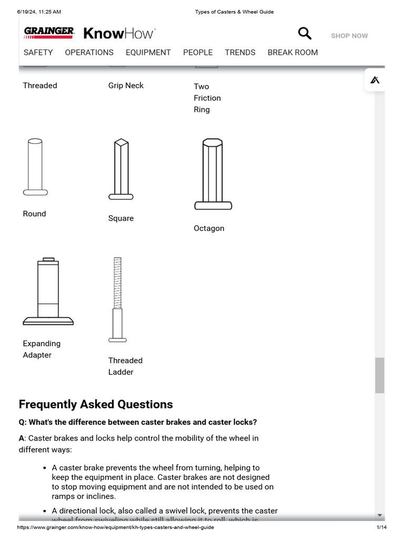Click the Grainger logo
coord(49,33)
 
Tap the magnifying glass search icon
coord(305,34)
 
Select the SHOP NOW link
coord(349,36)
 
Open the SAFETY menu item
coord(38,53)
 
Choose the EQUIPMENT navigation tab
coord(148,53)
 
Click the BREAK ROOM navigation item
coord(292,53)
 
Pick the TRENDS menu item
coord(240,53)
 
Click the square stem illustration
coord(121,169)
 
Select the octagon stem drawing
coord(213,174)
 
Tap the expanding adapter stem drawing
coord(48,292)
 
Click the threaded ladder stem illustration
coord(117,300)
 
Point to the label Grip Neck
coord(126,86)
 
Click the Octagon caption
coord(209,228)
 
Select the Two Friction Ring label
coord(207,98)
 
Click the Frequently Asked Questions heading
coord(96,404)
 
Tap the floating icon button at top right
coord(375,80)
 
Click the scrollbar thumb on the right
coord(379,375)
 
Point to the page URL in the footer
coord(116,527)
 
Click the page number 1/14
coord(381,527)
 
